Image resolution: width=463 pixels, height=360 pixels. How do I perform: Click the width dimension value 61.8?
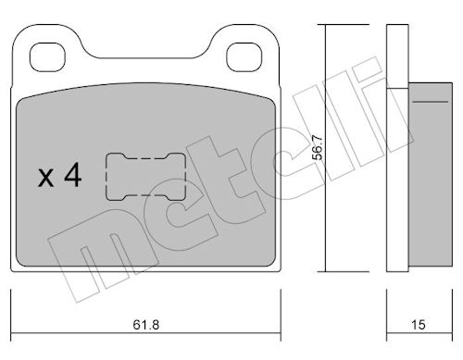coord(146,325)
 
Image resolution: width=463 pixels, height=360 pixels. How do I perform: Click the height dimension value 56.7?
coord(318,148)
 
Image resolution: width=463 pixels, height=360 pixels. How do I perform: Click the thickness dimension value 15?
coord(419,325)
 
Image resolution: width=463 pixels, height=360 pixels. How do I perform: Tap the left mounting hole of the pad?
coord(47,57)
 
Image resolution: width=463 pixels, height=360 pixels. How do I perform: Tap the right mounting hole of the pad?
coord(244,57)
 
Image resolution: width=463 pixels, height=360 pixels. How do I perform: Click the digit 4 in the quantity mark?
coord(73,175)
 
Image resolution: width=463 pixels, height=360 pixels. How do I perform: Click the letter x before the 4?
coord(45,179)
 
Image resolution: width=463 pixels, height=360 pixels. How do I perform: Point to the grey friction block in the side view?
coord(431,174)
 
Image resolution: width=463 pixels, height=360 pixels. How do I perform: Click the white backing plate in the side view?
coord(397,148)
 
